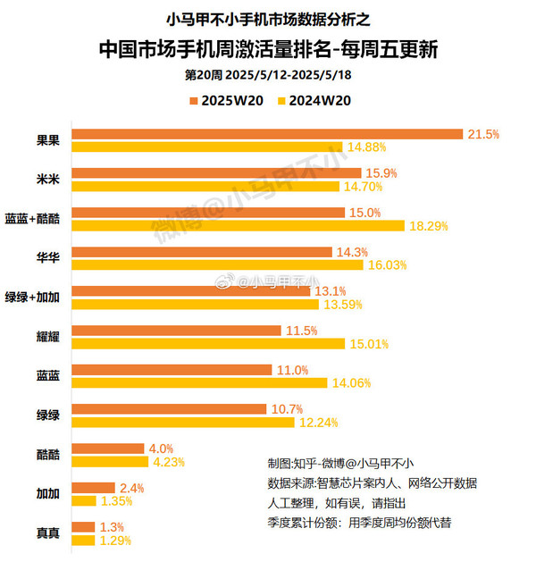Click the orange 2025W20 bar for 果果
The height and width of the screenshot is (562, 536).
(x=267, y=134)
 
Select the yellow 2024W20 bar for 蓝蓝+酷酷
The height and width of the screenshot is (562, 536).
(x=238, y=226)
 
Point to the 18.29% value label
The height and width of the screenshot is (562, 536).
(x=428, y=226)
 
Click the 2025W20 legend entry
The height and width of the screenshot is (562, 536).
(x=230, y=100)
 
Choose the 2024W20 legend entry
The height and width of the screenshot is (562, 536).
(x=314, y=100)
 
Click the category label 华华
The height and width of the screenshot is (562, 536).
(x=47, y=257)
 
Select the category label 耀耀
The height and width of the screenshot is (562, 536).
(x=47, y=337)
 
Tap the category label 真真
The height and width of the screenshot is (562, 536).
(x=47, y=533)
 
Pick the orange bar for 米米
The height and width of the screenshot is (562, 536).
(x=216, y=172)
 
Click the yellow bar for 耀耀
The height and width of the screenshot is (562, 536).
(x=208, y=344)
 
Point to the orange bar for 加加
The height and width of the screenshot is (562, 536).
(x=93, y=488)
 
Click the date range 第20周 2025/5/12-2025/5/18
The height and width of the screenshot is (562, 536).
(x=267, y=75)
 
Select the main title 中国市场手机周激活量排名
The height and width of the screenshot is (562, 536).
(x=268, y=47)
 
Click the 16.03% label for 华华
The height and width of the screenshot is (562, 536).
(x=387, y=265)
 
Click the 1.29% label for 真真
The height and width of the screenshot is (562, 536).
(x=115, y=541)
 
